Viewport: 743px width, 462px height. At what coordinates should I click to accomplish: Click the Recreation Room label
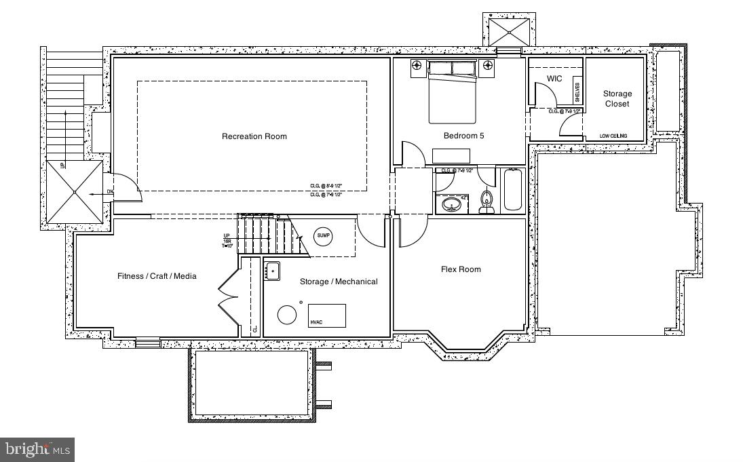(x=254, y=136)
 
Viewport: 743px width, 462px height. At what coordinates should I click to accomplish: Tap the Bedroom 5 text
(x=463, y=136)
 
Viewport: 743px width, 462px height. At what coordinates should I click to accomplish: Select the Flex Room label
(x=461, y=269)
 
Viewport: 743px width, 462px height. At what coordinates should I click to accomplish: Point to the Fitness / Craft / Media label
(x=157, y=276)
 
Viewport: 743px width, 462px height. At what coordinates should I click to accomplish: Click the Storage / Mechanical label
(x=339, y=282)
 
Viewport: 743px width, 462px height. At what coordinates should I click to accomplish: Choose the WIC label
(x=554, y=79)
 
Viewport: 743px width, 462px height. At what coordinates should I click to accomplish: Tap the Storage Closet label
(x=617, y=99)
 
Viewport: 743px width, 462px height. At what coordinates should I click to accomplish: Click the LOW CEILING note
(x=613, y=136)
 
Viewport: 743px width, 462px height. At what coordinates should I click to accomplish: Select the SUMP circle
(x=324, y=236)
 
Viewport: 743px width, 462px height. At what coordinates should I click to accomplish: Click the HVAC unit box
(x=327, y=315)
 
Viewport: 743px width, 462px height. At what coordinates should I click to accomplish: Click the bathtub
(x=512, y=190)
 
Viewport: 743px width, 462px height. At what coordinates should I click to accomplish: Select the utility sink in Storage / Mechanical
(x=272, y=271)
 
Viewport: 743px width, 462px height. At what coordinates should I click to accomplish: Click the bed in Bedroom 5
(x=452, y=95)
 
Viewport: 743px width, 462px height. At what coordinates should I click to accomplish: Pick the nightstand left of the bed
(x=417, y=66)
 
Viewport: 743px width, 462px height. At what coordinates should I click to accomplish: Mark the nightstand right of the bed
(x=488, y=66)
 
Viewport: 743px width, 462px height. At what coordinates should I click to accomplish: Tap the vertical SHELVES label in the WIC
(x=577, y=90)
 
